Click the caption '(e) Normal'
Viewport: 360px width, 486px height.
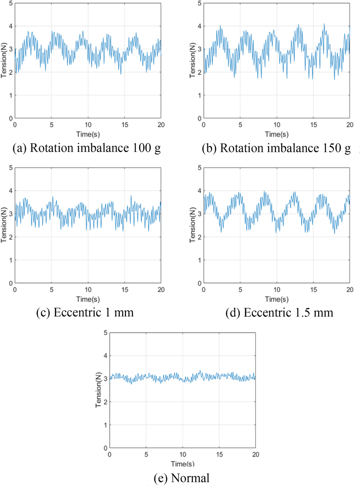point(182,477)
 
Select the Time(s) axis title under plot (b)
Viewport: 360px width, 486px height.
point(276,134)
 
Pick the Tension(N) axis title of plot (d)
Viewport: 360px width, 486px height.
point(193,225)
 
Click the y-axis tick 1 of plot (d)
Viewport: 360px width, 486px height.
point(199,260)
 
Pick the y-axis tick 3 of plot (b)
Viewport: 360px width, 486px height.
point(199,49)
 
